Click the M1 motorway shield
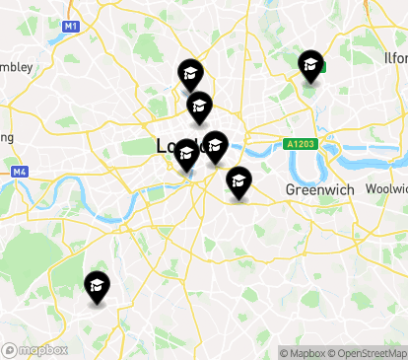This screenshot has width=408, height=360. [x=70, y=26]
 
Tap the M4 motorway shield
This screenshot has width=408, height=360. [x=20, y=172]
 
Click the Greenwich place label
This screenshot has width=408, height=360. [x=313, y=188]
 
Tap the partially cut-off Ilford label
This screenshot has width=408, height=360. [x=395, y=58]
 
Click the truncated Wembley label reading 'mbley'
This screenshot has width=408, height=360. [x=17, y=67]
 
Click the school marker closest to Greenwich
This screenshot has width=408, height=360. [x=238, y=181]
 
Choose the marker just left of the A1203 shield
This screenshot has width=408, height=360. [x=215, y=147]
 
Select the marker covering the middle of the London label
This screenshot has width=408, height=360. [x=186, y=155]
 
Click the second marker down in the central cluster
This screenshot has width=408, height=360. [x=200, y=106]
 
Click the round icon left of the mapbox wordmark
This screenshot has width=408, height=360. [x=9, y=350]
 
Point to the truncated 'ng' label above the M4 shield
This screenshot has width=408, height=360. [x=6, y=137]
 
